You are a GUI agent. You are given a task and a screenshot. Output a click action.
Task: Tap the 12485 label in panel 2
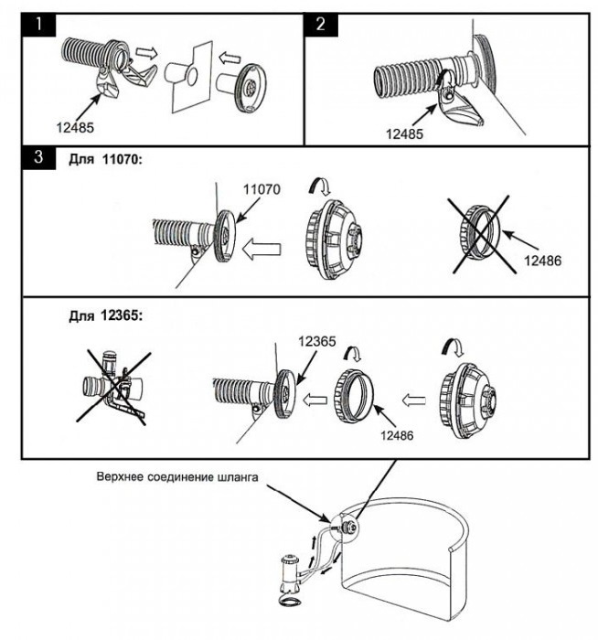tap(404, 133)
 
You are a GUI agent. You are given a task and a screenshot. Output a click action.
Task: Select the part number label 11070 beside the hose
tap(260, 190)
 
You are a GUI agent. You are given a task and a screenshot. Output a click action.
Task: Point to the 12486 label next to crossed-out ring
tap(544, 261)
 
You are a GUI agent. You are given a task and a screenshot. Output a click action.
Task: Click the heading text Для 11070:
tap(107, 158)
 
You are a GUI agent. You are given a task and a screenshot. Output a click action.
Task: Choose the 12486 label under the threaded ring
tap(394, 436)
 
